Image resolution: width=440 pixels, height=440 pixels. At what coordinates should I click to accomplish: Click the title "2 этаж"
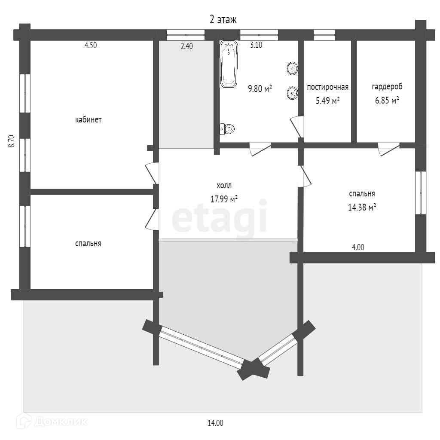click(223, 19)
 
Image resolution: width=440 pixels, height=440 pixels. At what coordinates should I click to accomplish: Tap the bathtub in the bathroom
click(229, 64)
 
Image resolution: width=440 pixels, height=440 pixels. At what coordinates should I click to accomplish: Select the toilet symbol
click(227, 128)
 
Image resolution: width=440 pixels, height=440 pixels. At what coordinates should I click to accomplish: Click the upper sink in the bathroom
click(292, 68)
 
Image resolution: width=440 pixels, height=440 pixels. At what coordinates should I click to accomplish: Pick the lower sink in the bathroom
click(292, 93)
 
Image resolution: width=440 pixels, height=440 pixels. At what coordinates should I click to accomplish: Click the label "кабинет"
click(88, 120)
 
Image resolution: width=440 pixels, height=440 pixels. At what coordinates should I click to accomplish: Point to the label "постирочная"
click(327, 87)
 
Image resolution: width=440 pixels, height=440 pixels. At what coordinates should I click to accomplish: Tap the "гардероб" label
click(387, 87)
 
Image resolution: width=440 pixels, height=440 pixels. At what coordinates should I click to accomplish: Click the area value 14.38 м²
click(362, 207)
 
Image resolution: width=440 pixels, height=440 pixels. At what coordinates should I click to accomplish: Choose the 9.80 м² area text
click(260, 89)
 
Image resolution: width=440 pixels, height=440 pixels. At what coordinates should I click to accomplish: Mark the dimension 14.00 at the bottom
click(215, 423)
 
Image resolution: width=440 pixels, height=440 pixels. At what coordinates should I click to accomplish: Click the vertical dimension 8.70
click(12, 141)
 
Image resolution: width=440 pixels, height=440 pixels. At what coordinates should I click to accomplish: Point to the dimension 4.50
click(90, 46)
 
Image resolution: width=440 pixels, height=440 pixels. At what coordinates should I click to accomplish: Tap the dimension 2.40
click(186, 46)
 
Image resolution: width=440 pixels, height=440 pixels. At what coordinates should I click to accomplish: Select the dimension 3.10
click(256, 45)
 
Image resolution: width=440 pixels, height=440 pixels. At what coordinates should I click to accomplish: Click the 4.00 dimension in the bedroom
click(358, 247)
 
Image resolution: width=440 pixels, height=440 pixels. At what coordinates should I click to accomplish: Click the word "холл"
click(224, 186)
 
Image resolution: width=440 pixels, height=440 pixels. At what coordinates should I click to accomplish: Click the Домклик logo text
click(60, 422)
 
